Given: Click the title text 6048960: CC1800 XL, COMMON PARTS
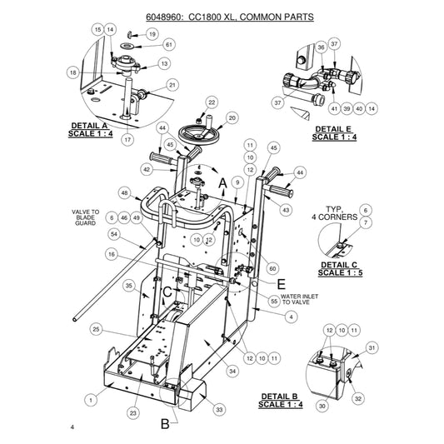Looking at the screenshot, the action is (230, 17).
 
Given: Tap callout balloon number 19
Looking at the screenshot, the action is (152, 34).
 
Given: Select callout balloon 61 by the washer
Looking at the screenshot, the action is (169, 45).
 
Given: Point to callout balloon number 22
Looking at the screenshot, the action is (212, 102).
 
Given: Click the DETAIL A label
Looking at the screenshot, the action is (89, 126).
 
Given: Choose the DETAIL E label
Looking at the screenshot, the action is (333, 129).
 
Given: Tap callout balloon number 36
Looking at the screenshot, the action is (321, 47).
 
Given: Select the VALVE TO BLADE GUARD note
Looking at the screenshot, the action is (85, 217).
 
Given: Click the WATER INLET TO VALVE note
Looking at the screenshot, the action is (299, 299).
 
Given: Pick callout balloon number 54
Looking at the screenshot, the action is (114, 234).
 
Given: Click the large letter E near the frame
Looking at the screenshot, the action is (281, 284).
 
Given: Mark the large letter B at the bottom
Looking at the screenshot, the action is (165, 424).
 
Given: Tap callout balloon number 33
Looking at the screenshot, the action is (219, 410).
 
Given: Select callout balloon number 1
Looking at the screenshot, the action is (91, 400).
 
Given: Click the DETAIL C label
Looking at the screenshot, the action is (339, 265).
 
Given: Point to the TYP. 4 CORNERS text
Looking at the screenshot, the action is (334, 213).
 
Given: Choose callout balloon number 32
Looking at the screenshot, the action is (358, 399).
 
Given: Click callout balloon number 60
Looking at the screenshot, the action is (272, 268).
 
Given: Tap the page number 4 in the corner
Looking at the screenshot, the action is (72, 427).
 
